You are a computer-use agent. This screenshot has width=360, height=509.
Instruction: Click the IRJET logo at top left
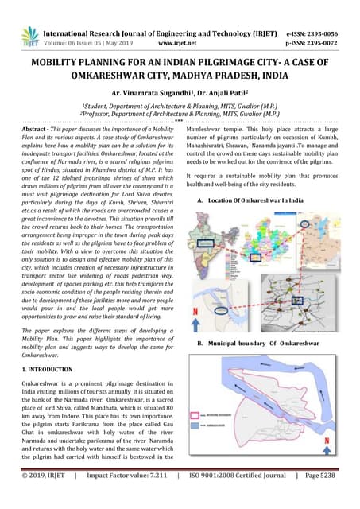[x=29, y=36]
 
